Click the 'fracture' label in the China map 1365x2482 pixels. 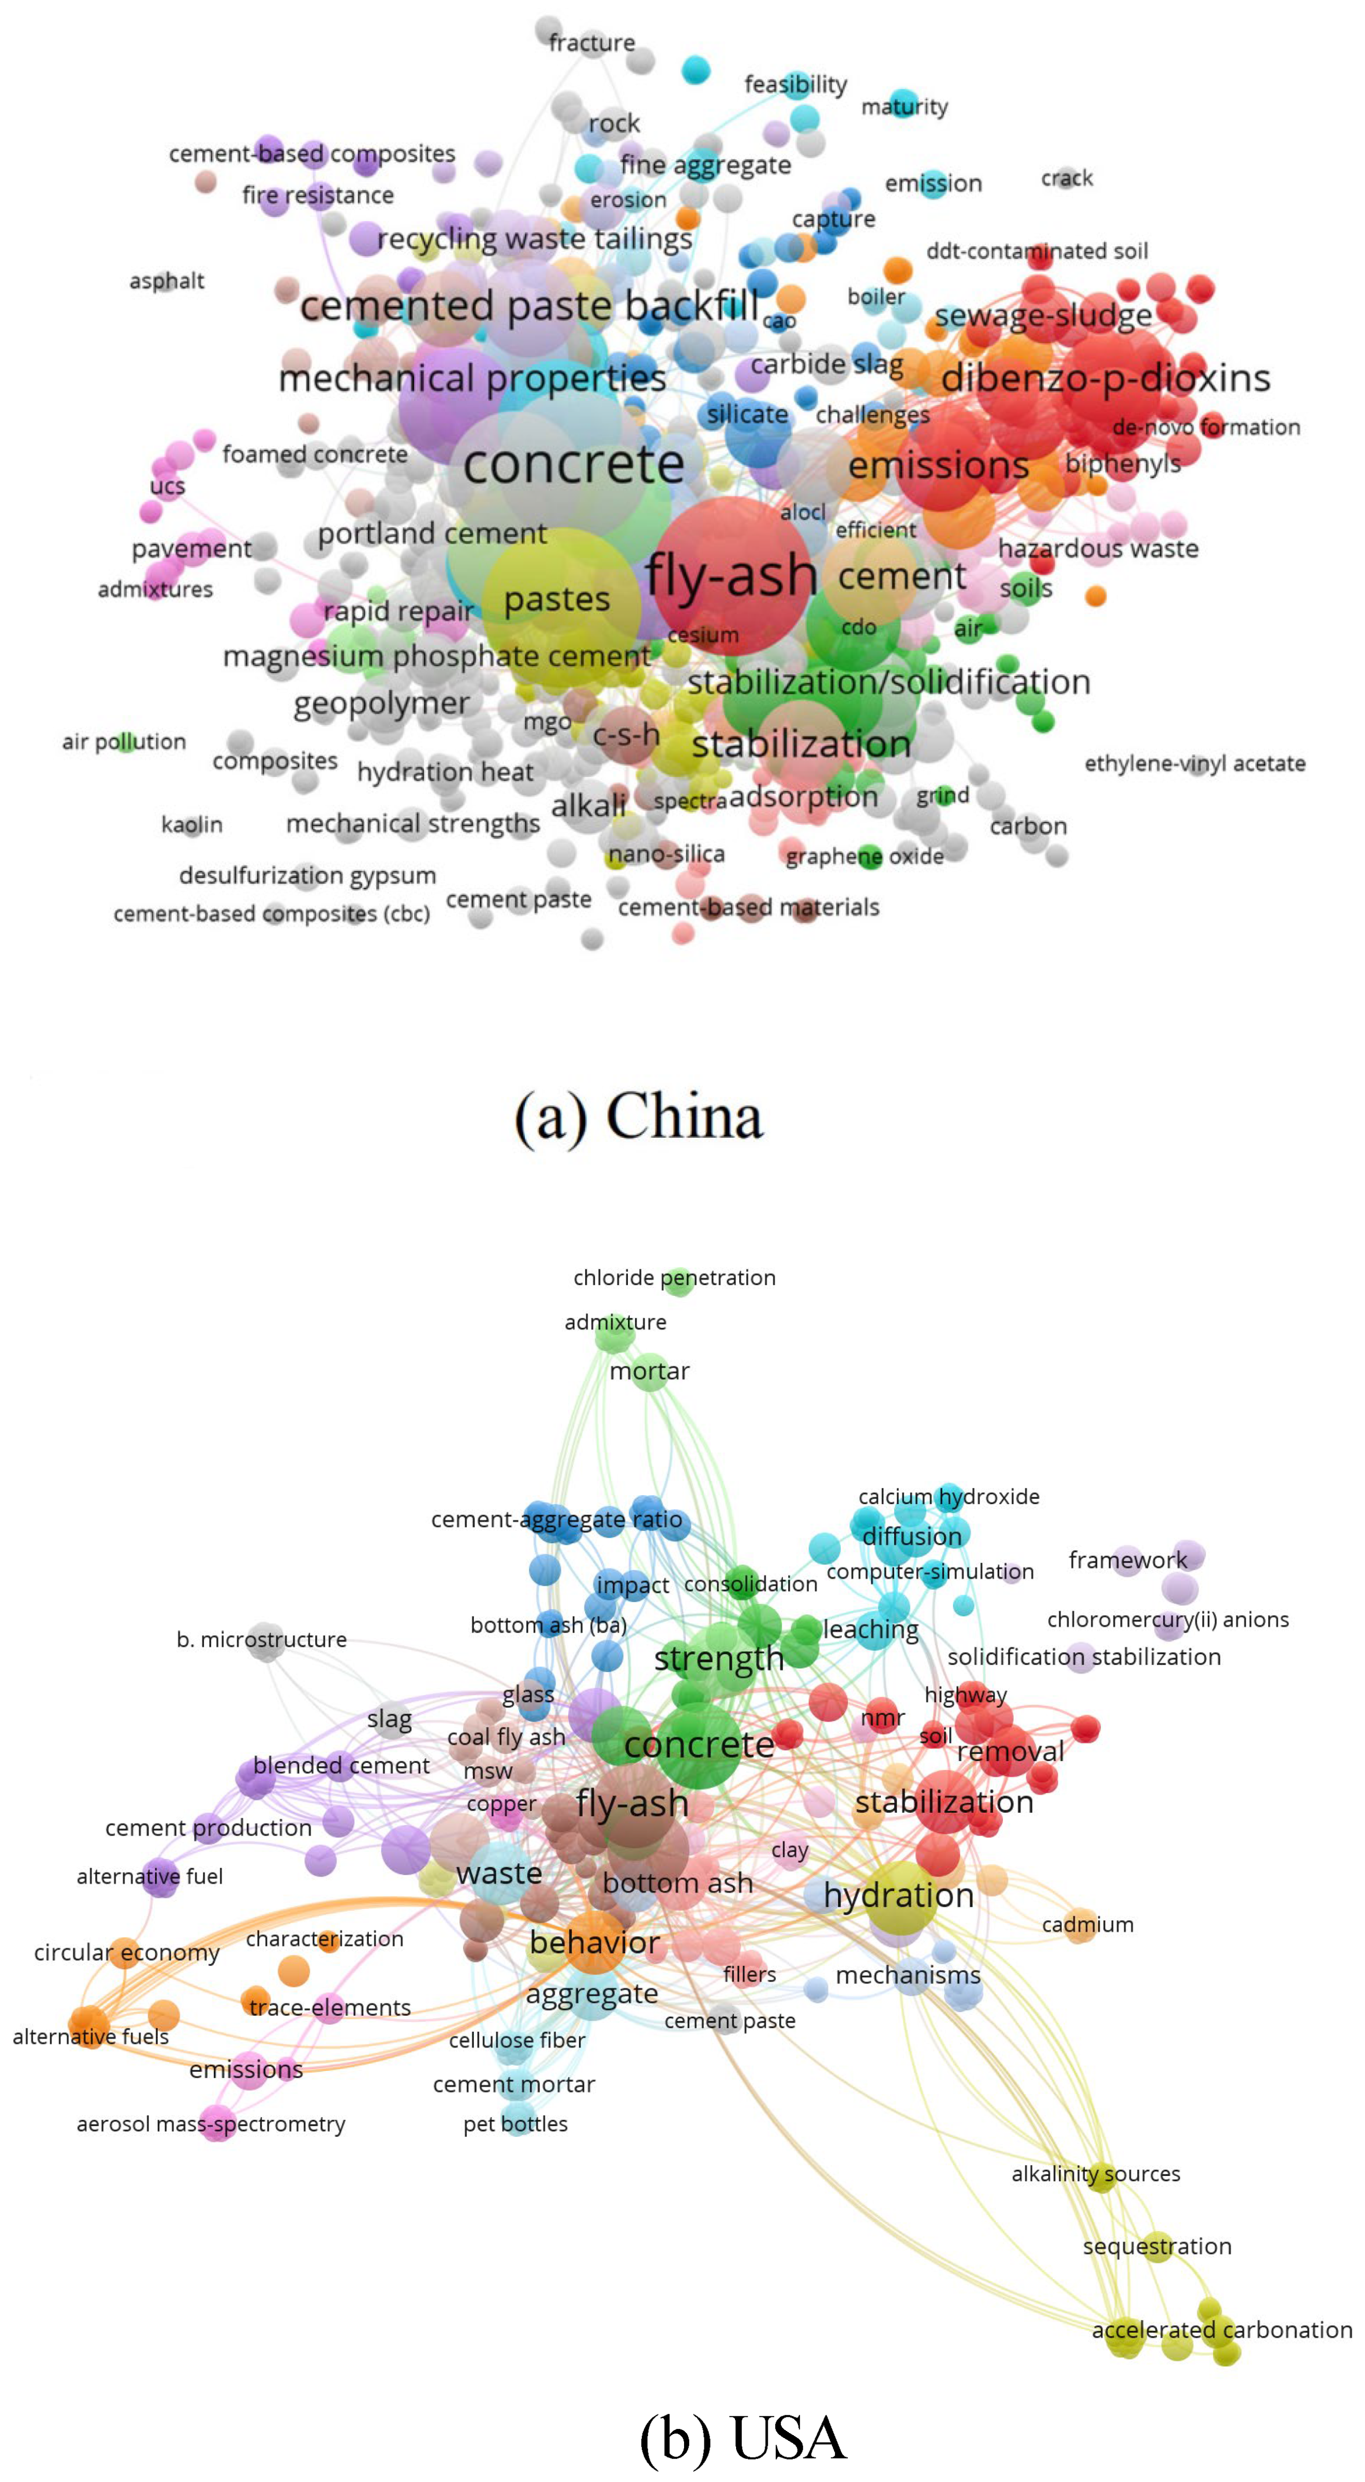pyautogui.click(x=591, y=42)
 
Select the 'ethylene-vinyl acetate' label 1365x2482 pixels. pyautogui.click(x=1194, y=763)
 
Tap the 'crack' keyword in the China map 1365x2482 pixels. pyautogui.click(x=1066, y=178)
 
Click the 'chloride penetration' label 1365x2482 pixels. pyautogui.click(x=674, y=1278)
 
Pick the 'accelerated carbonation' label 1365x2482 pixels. pyautogui.click(x=1221, y=2329)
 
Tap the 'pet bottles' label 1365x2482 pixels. pyautogui.click(x=516, y=2123)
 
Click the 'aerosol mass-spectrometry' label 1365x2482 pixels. pyautogui.click(x=211, y=2123)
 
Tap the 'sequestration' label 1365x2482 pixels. pyautogui.click(x=1157, y=2246)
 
